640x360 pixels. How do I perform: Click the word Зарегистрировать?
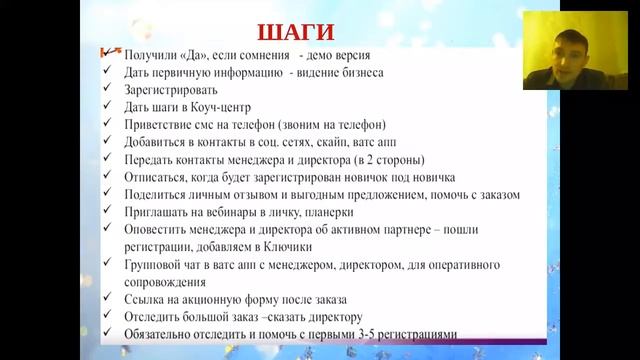pyautogui.click(x=171, y=90)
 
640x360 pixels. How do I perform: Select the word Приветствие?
pyautogui.click(x=163, y=125)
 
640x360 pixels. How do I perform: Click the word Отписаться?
pyautogui.click(x=159, y=177)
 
